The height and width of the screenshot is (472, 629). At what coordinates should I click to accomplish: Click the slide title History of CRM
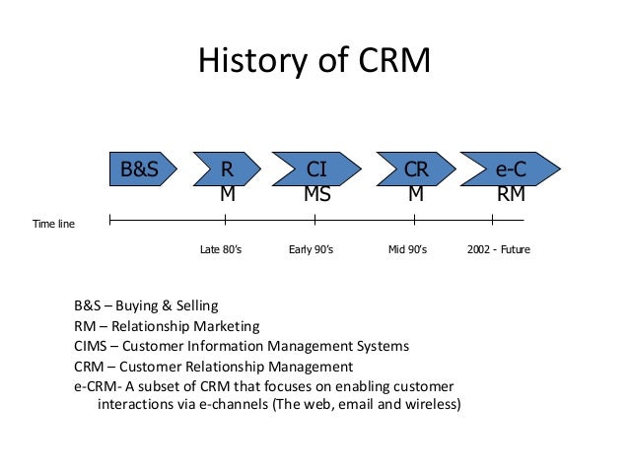(314, 60)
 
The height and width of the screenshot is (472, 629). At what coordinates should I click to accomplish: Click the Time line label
(54, 225)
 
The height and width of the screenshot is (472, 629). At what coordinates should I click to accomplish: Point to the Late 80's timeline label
(221, 250)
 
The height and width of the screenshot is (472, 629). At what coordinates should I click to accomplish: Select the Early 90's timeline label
(311, 250)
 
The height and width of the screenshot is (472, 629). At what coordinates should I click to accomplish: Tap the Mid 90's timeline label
(407, 250)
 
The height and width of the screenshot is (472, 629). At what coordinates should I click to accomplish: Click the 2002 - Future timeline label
(498, 250)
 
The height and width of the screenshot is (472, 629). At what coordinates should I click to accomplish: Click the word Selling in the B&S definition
(197, 305)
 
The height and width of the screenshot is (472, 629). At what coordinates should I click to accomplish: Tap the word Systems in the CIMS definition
(379, 346)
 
